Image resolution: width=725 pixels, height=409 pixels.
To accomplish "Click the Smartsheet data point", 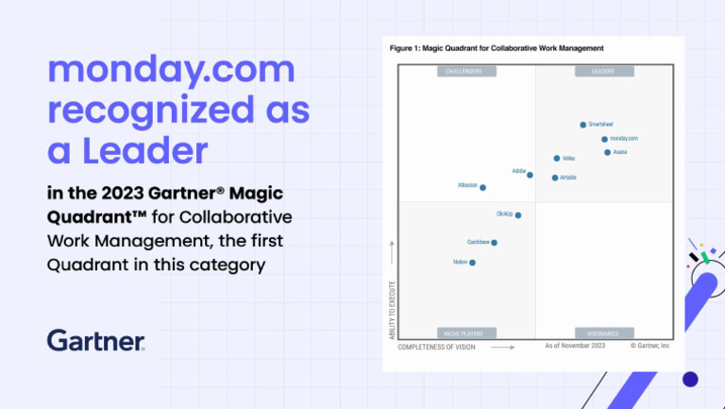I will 582,125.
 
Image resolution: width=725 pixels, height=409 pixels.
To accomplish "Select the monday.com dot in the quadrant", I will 604,139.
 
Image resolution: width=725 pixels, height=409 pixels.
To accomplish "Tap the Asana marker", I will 607,152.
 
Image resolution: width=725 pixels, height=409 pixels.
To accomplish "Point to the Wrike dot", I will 557,159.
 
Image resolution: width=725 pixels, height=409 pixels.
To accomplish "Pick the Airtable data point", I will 555,178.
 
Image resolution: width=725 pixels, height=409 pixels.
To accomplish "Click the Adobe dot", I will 530,175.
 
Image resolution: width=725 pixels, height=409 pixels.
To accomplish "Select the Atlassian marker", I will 482,188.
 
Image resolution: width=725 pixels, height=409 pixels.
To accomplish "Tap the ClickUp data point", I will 517,215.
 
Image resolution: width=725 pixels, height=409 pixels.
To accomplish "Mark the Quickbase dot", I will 494,243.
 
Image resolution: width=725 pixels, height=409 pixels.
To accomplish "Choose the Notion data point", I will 472,263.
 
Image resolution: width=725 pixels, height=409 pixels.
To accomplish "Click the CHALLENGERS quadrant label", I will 465,71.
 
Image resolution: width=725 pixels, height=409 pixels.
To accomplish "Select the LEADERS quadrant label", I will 603,71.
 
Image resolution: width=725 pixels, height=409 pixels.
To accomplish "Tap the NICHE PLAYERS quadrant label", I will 465,333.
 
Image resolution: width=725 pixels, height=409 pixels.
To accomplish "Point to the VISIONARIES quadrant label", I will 603,333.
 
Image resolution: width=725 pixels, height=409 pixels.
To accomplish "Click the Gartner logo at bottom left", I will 96,340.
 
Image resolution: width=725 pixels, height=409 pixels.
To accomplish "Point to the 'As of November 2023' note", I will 575,347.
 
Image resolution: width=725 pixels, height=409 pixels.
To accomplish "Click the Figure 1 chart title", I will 497,47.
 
